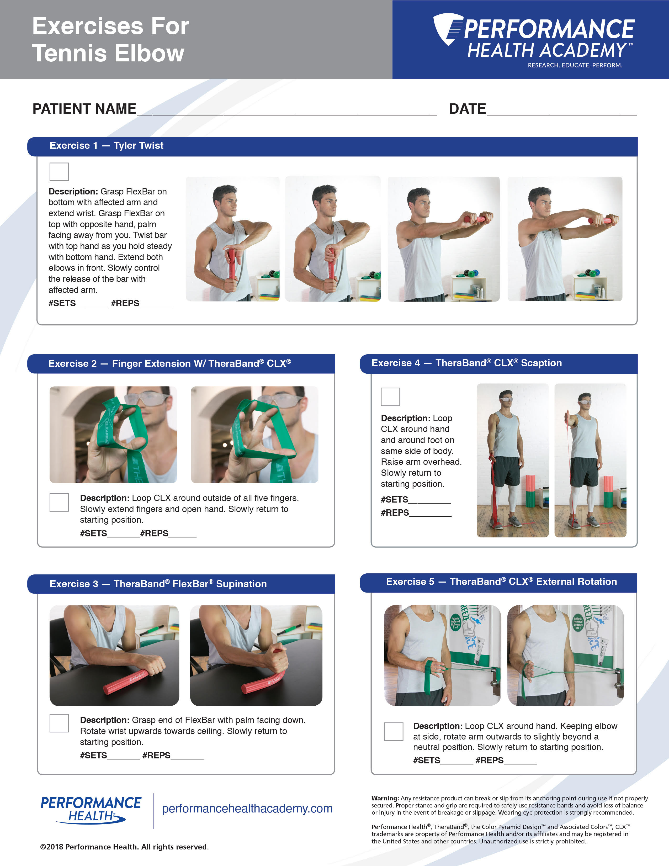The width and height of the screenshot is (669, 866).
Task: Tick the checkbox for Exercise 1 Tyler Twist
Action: click(x=59, y=172)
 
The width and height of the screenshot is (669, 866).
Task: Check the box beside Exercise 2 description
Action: click(x=59, y=502)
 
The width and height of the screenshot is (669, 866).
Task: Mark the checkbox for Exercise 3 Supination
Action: click(x=59, y=723)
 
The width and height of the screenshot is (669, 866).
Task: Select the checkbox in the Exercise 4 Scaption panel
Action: click(x=390, y=397)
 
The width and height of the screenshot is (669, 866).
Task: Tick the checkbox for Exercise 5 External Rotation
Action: click(x=394, y=732)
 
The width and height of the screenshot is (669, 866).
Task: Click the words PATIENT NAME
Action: click(x=84, y=109)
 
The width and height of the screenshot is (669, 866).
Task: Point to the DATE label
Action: click(x=467, y=109)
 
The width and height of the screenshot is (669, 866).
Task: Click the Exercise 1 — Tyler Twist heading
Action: click(x=106, y=146)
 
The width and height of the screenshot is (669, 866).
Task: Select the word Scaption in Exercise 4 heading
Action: click(x=541, y=363)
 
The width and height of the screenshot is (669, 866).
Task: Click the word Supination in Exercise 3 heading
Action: click(x=241, y=584)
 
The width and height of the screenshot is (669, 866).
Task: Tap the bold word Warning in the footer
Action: click(x=385, y=798)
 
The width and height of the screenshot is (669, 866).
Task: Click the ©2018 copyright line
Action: click(x=124, y=847)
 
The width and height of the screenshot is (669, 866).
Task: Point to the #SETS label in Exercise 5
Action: click(x=426, y=761)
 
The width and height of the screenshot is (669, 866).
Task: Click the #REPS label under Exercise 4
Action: click(x=395, y=513)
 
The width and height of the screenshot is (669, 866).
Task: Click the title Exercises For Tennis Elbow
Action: click(x=110, y=39)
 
